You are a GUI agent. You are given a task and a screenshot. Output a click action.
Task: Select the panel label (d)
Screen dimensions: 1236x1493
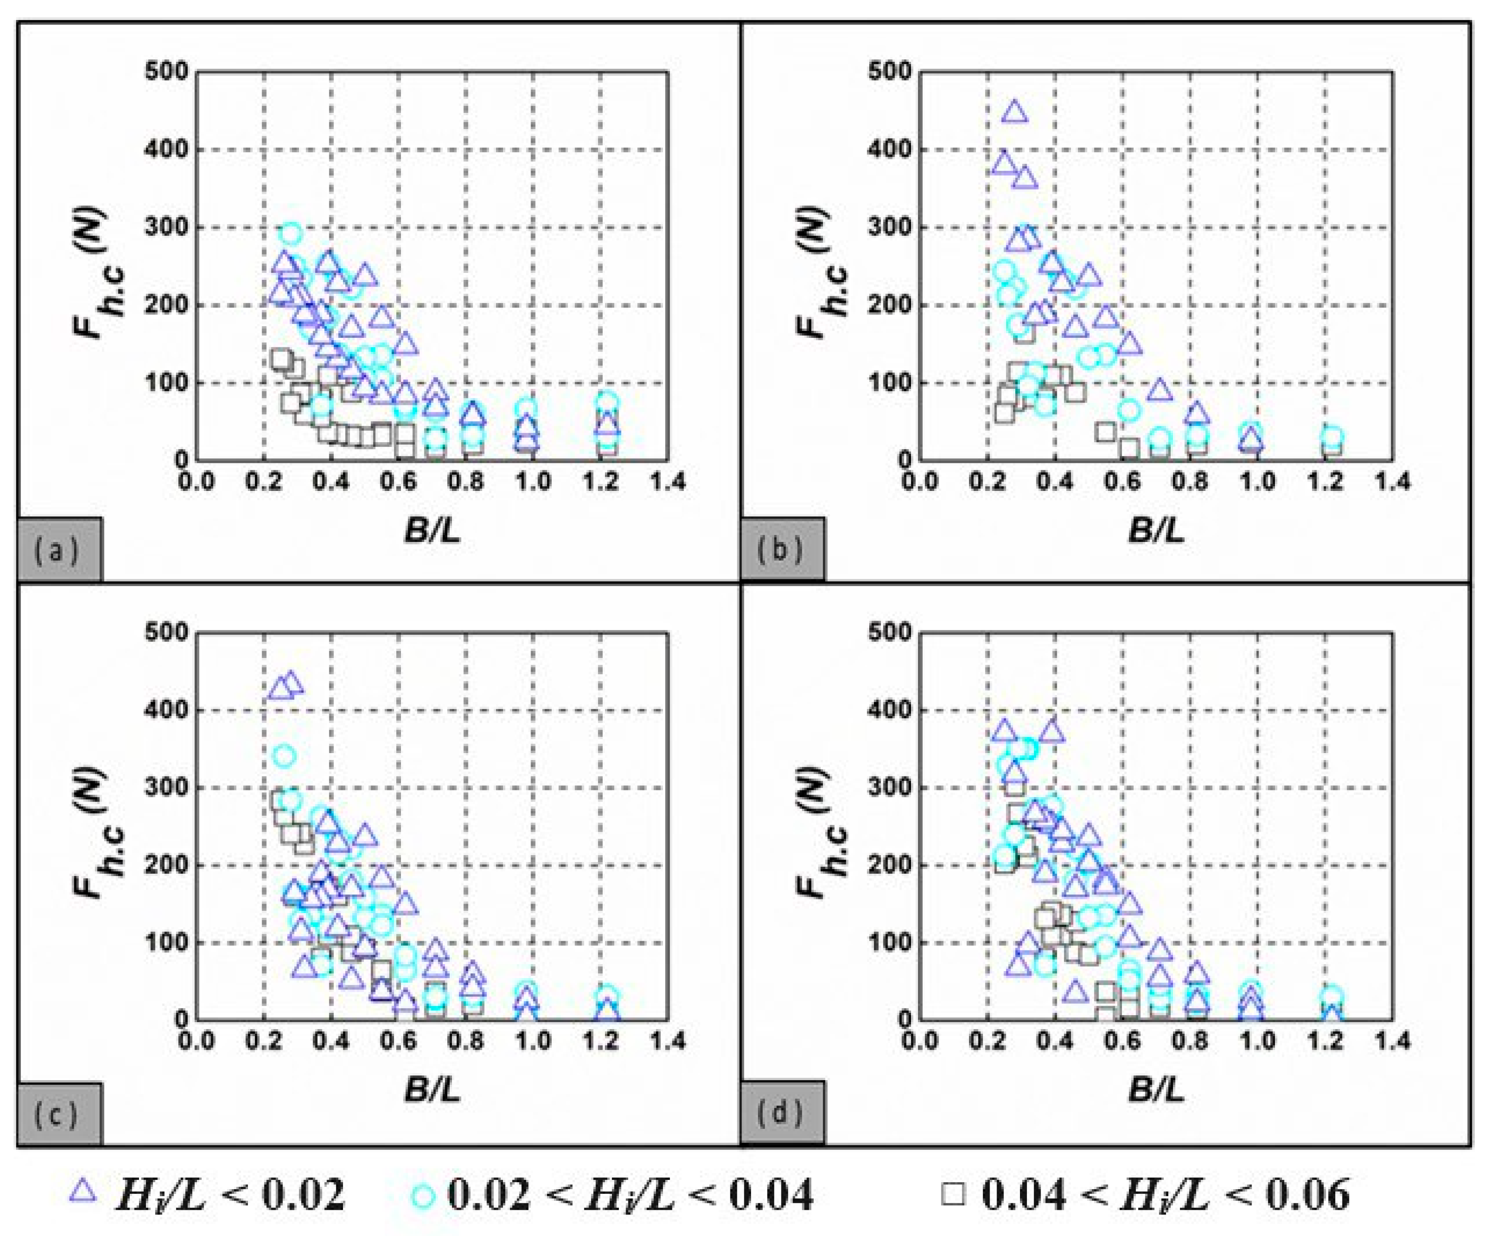pyautogui.click(x=782, y=1114)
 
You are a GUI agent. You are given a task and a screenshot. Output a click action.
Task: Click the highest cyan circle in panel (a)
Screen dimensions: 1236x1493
pyautogui.click(x=291, y=233)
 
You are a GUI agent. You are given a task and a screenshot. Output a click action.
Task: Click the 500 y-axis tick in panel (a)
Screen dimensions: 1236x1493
pyautogui.click(x=167, y=72)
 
